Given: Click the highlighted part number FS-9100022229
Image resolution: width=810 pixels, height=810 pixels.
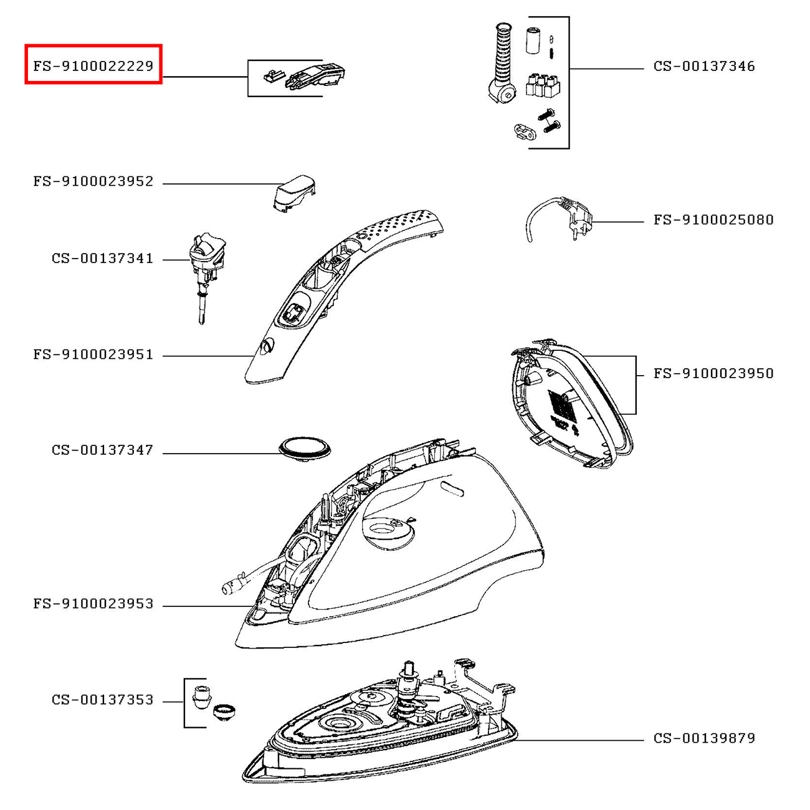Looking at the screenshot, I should [x=93, y=65].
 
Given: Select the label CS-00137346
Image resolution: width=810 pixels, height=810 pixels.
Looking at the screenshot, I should [x=704, y=66].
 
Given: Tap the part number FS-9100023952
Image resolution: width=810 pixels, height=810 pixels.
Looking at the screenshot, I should [x=93, y=182].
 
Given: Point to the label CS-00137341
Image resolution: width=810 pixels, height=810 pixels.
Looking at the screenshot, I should [x=103, y=259].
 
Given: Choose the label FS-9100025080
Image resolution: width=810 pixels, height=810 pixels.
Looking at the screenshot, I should [x=713, y=220].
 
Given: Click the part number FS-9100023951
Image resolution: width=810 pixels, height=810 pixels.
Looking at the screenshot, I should [x=93, y=355].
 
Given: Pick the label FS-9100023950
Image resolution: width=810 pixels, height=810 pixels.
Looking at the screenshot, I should [x=713, y=374].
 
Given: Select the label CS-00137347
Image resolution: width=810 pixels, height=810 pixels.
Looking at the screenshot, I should [x=103, y=450].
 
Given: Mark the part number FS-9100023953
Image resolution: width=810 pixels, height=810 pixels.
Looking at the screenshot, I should [x=93, y=604].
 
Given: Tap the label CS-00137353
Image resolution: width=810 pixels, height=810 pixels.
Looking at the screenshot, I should [x=103, y=700].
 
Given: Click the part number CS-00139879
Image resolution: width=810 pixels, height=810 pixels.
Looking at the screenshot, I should [x=704, y=738].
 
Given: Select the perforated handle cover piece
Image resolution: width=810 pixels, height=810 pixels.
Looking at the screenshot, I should [x=349, y=287].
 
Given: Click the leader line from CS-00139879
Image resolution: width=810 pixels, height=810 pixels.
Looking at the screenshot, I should [x=579, y=740].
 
